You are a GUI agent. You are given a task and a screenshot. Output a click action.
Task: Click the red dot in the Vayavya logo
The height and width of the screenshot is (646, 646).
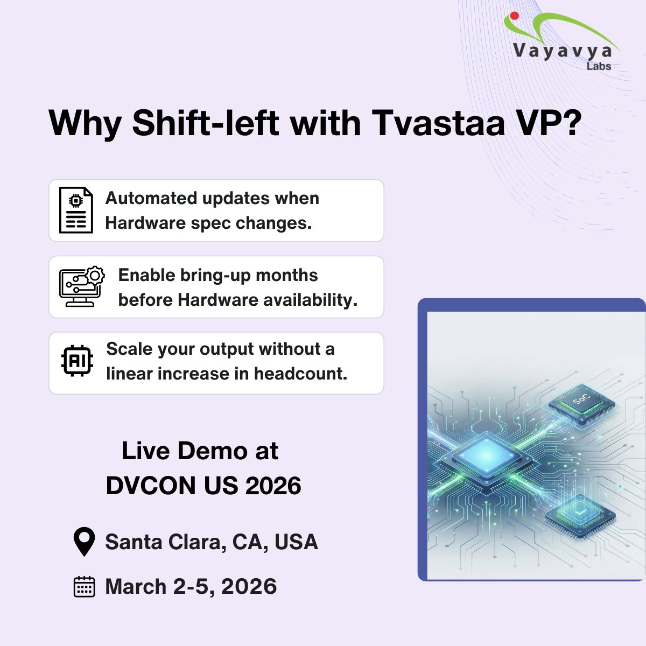[x=514, y=17]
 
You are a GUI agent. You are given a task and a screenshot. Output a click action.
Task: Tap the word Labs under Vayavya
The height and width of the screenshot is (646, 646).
[x=599, y=66]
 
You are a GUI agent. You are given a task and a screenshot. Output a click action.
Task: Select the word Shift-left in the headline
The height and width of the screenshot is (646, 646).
[x=206, y=123]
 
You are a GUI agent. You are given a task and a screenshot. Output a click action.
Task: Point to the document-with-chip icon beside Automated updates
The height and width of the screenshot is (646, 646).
[x=76, y=210]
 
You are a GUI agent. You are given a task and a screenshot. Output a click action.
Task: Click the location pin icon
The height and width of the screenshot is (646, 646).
[x=83, y=542]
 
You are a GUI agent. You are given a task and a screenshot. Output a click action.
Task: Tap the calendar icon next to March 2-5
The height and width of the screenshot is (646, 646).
[x=83, y=587]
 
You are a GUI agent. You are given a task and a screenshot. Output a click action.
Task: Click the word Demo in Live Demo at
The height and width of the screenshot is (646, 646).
[x=213, y=451]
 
